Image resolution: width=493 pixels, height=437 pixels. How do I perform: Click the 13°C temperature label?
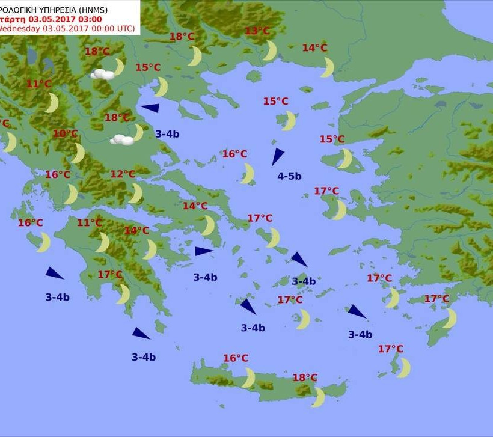(257, 31)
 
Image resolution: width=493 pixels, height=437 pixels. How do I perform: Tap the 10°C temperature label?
(66, 133)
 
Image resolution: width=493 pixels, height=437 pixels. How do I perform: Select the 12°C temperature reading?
(123, 174)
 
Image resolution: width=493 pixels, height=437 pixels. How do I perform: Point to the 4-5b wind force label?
(289, 176)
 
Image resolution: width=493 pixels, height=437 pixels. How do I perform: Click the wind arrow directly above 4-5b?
(277, 156)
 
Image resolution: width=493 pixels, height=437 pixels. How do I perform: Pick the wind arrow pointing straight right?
(204, 251)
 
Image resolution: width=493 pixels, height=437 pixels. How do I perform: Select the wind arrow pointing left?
(150, 108)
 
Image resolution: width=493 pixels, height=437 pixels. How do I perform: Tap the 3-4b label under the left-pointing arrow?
(167, 134)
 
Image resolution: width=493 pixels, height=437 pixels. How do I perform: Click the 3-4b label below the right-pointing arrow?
(205, 277)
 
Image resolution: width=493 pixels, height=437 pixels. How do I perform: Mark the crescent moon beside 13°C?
(270, 50)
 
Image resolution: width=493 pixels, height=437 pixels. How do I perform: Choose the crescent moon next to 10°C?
(78, 153)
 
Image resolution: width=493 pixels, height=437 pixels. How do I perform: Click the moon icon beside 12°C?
(136, 194)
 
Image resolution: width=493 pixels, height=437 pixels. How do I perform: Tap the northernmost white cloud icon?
(103, 75)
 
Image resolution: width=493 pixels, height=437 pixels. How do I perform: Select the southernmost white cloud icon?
(121, 140)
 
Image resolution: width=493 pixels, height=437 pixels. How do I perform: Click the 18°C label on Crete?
(305, 377)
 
